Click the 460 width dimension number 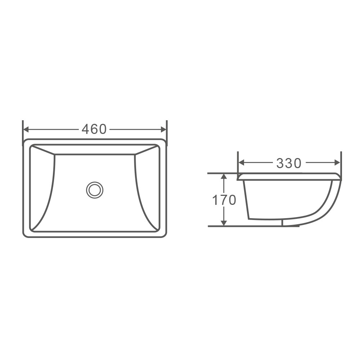[x=94, y=129]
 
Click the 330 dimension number [x=289, y=163]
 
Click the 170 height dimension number [x=224, y=200]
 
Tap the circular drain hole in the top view [x=95, y=189]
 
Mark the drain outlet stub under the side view [x=290, y=224]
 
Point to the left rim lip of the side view [x=239, y=176]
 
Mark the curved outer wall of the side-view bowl [x=329, y=205]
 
